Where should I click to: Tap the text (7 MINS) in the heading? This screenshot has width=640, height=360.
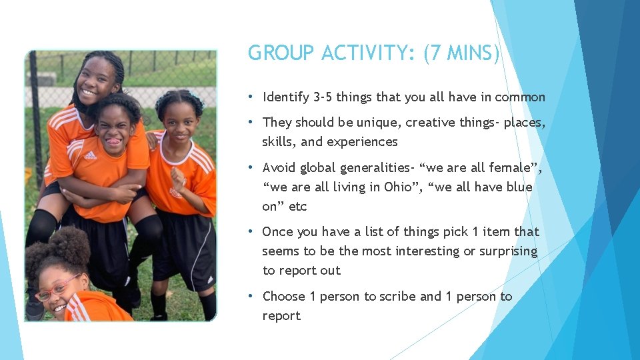[x=461, y=53]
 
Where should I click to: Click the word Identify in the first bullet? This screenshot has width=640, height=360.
[x=286, y=97]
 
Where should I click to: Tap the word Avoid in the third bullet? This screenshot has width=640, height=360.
[x=279, y=167]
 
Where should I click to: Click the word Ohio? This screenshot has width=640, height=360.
[x=399, y=187]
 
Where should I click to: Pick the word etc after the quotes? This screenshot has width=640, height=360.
[x=298, y=206]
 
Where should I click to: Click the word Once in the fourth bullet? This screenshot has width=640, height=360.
[x=277, y=232]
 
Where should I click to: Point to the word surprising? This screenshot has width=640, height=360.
[x=505, y=251]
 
